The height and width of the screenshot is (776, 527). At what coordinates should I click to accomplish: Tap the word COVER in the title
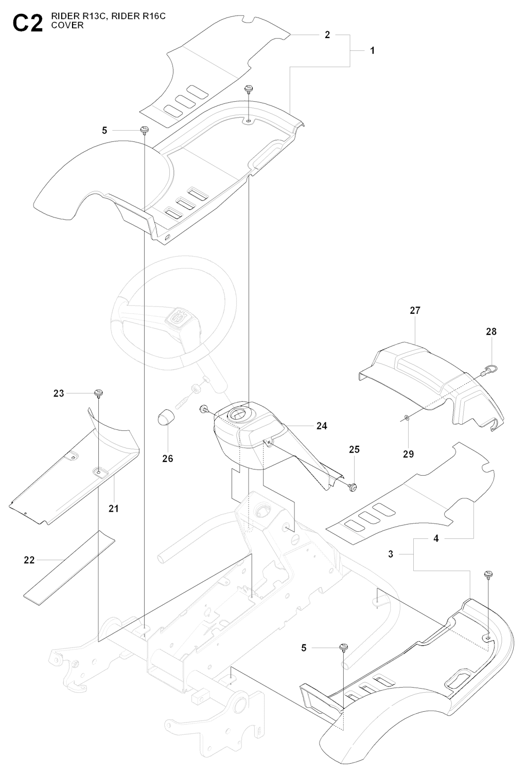[x=67, y=25]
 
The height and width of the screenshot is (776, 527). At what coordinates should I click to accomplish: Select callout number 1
[x=372, y=50]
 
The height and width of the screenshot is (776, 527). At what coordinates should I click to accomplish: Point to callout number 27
[x=415, y=310]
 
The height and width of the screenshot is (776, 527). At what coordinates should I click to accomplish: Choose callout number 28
[x=491, y=332]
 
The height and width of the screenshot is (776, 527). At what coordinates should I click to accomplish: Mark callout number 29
[x=409, y=454]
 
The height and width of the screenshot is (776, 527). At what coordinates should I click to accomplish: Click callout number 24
[x=322, y=426]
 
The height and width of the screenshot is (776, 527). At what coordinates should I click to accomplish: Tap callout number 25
[x=354, y=449]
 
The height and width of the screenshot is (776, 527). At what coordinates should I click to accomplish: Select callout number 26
[x=168, y=458]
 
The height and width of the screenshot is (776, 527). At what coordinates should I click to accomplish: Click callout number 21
[x=114, y=509]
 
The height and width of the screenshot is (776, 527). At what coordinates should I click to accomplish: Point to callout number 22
[x=29, y=560]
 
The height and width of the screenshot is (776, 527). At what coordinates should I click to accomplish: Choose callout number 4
[x=436, y=538]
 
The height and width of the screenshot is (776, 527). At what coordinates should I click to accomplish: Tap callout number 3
[x=391, y=554]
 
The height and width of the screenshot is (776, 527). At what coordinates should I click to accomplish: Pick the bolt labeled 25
[x=353, y=485]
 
